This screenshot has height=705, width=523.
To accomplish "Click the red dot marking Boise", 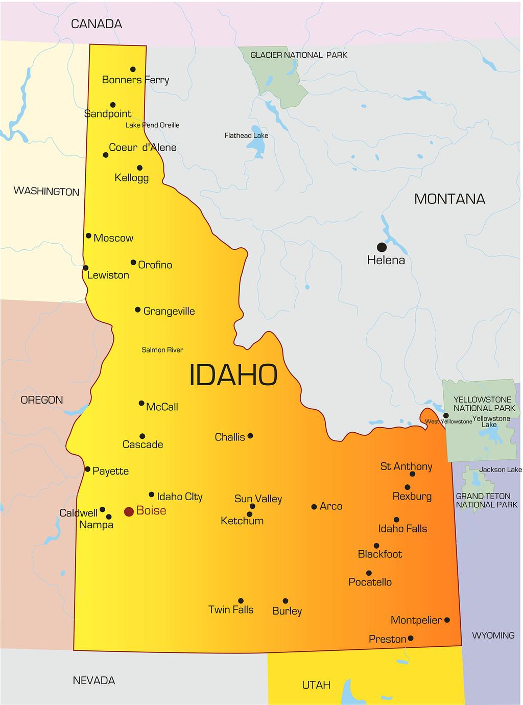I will [129, 511].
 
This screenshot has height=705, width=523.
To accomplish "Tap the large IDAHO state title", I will [233, 375].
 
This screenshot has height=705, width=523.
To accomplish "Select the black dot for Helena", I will [382, 247].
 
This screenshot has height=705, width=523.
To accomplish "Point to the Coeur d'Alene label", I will [142, 148].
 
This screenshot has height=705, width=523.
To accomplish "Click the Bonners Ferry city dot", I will [133, 69].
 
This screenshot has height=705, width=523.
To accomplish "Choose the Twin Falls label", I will [231, 609].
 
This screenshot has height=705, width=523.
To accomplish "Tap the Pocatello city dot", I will [369, 573].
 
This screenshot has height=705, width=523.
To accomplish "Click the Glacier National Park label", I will [298, 55].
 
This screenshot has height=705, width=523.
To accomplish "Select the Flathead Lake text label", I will [246, 135].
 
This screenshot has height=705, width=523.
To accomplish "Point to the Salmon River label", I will [162, 350].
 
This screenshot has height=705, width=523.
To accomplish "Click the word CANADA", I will [97, 24].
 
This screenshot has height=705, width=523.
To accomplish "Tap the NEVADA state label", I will [93, 680].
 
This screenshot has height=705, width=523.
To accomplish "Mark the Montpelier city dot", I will [447, 620].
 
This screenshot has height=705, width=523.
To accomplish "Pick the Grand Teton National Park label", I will [483, 501].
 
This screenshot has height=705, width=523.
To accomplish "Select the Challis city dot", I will [250, 436].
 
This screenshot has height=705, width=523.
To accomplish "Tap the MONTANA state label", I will [449, 199].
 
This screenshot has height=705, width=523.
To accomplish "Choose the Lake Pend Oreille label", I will [152, 125].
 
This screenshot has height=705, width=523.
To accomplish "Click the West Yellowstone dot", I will [446, 415].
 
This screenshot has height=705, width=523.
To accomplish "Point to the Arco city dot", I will [314, 507].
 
